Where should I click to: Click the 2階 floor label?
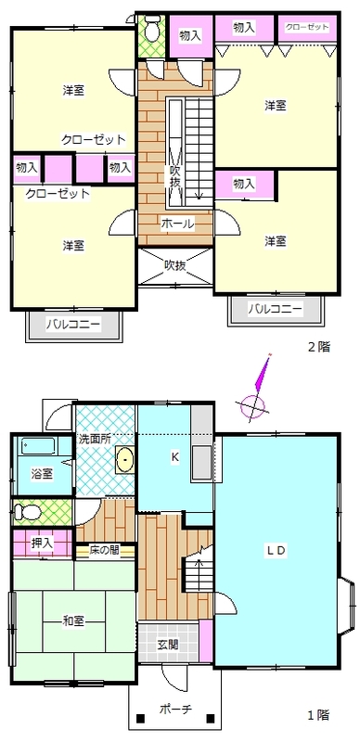(x=319, y=347)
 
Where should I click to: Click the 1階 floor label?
(x=319, y=715)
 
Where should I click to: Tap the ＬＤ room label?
(x=276, y=550)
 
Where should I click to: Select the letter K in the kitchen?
(x=174, y=457)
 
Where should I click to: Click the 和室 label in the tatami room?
(x=73, y=621)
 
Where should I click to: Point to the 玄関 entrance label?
(x=168, y=645)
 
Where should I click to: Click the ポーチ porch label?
(x=175, y=710)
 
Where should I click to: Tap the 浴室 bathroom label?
(x=43, y=473)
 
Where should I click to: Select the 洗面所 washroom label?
(x=95, y=439)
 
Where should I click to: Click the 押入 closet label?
(x=42, y=543)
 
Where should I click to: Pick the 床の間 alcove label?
(x=104, y=551)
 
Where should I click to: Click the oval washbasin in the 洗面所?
(x=125, y=459)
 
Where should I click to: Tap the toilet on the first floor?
(x=22, y=512)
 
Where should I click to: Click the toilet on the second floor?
(x=151, y=30)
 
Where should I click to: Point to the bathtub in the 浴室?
(x=37, y=447)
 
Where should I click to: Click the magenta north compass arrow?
(x=263, y=373)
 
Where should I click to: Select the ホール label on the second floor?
(x=177, y=224)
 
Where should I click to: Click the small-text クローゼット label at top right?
(x=307, y=27)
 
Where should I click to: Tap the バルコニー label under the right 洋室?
(x=276, y=310)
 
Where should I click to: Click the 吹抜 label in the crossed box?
(x=174, y=265)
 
